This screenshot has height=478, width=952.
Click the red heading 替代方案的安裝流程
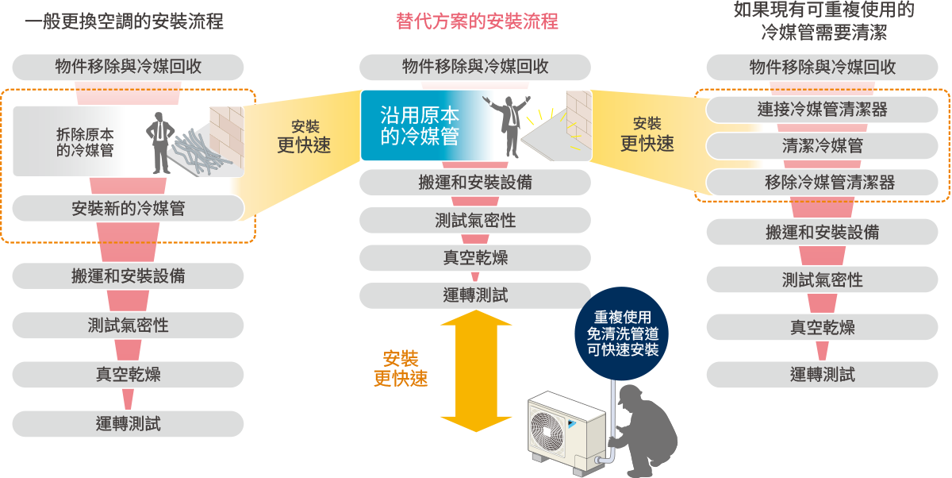(x=476, y=21)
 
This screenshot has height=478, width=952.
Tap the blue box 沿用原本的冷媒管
(x=420, y=125)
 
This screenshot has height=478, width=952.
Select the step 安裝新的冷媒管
(x=128, y=208)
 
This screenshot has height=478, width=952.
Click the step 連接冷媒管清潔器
(x=822, y=110)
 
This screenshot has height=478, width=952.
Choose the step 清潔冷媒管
(x=822, y=146)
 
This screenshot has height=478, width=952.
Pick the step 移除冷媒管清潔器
(x=822, y=183)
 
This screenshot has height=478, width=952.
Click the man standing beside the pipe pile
(x=161, y=143)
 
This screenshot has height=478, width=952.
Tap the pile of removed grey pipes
(x=202, y=152)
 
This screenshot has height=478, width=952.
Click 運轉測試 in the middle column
(x=474, y=295)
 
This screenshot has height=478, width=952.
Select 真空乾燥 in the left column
(x=128, y=374)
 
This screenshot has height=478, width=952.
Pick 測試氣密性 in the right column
(x=822, y=279)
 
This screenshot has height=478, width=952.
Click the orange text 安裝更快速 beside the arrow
(x=401, y=368)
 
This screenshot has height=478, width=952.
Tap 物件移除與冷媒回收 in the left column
(x=128, y=67)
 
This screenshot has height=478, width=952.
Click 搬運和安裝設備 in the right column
(x=822, y=232)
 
